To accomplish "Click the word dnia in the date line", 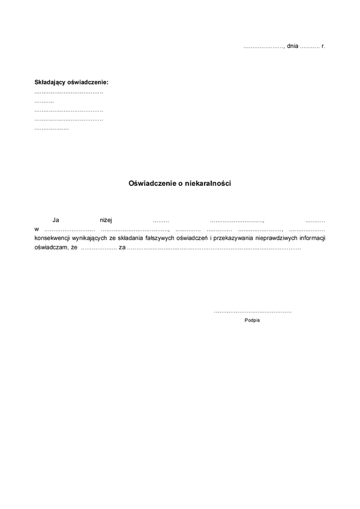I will pos(293,46).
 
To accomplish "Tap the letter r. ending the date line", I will pos(323,46).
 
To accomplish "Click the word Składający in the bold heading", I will pos(50,82).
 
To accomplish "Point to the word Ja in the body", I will pos(56,221).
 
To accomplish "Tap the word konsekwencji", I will pos(53,238).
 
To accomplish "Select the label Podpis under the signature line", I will pos(253,320).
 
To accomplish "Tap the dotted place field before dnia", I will pos(263,47).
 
